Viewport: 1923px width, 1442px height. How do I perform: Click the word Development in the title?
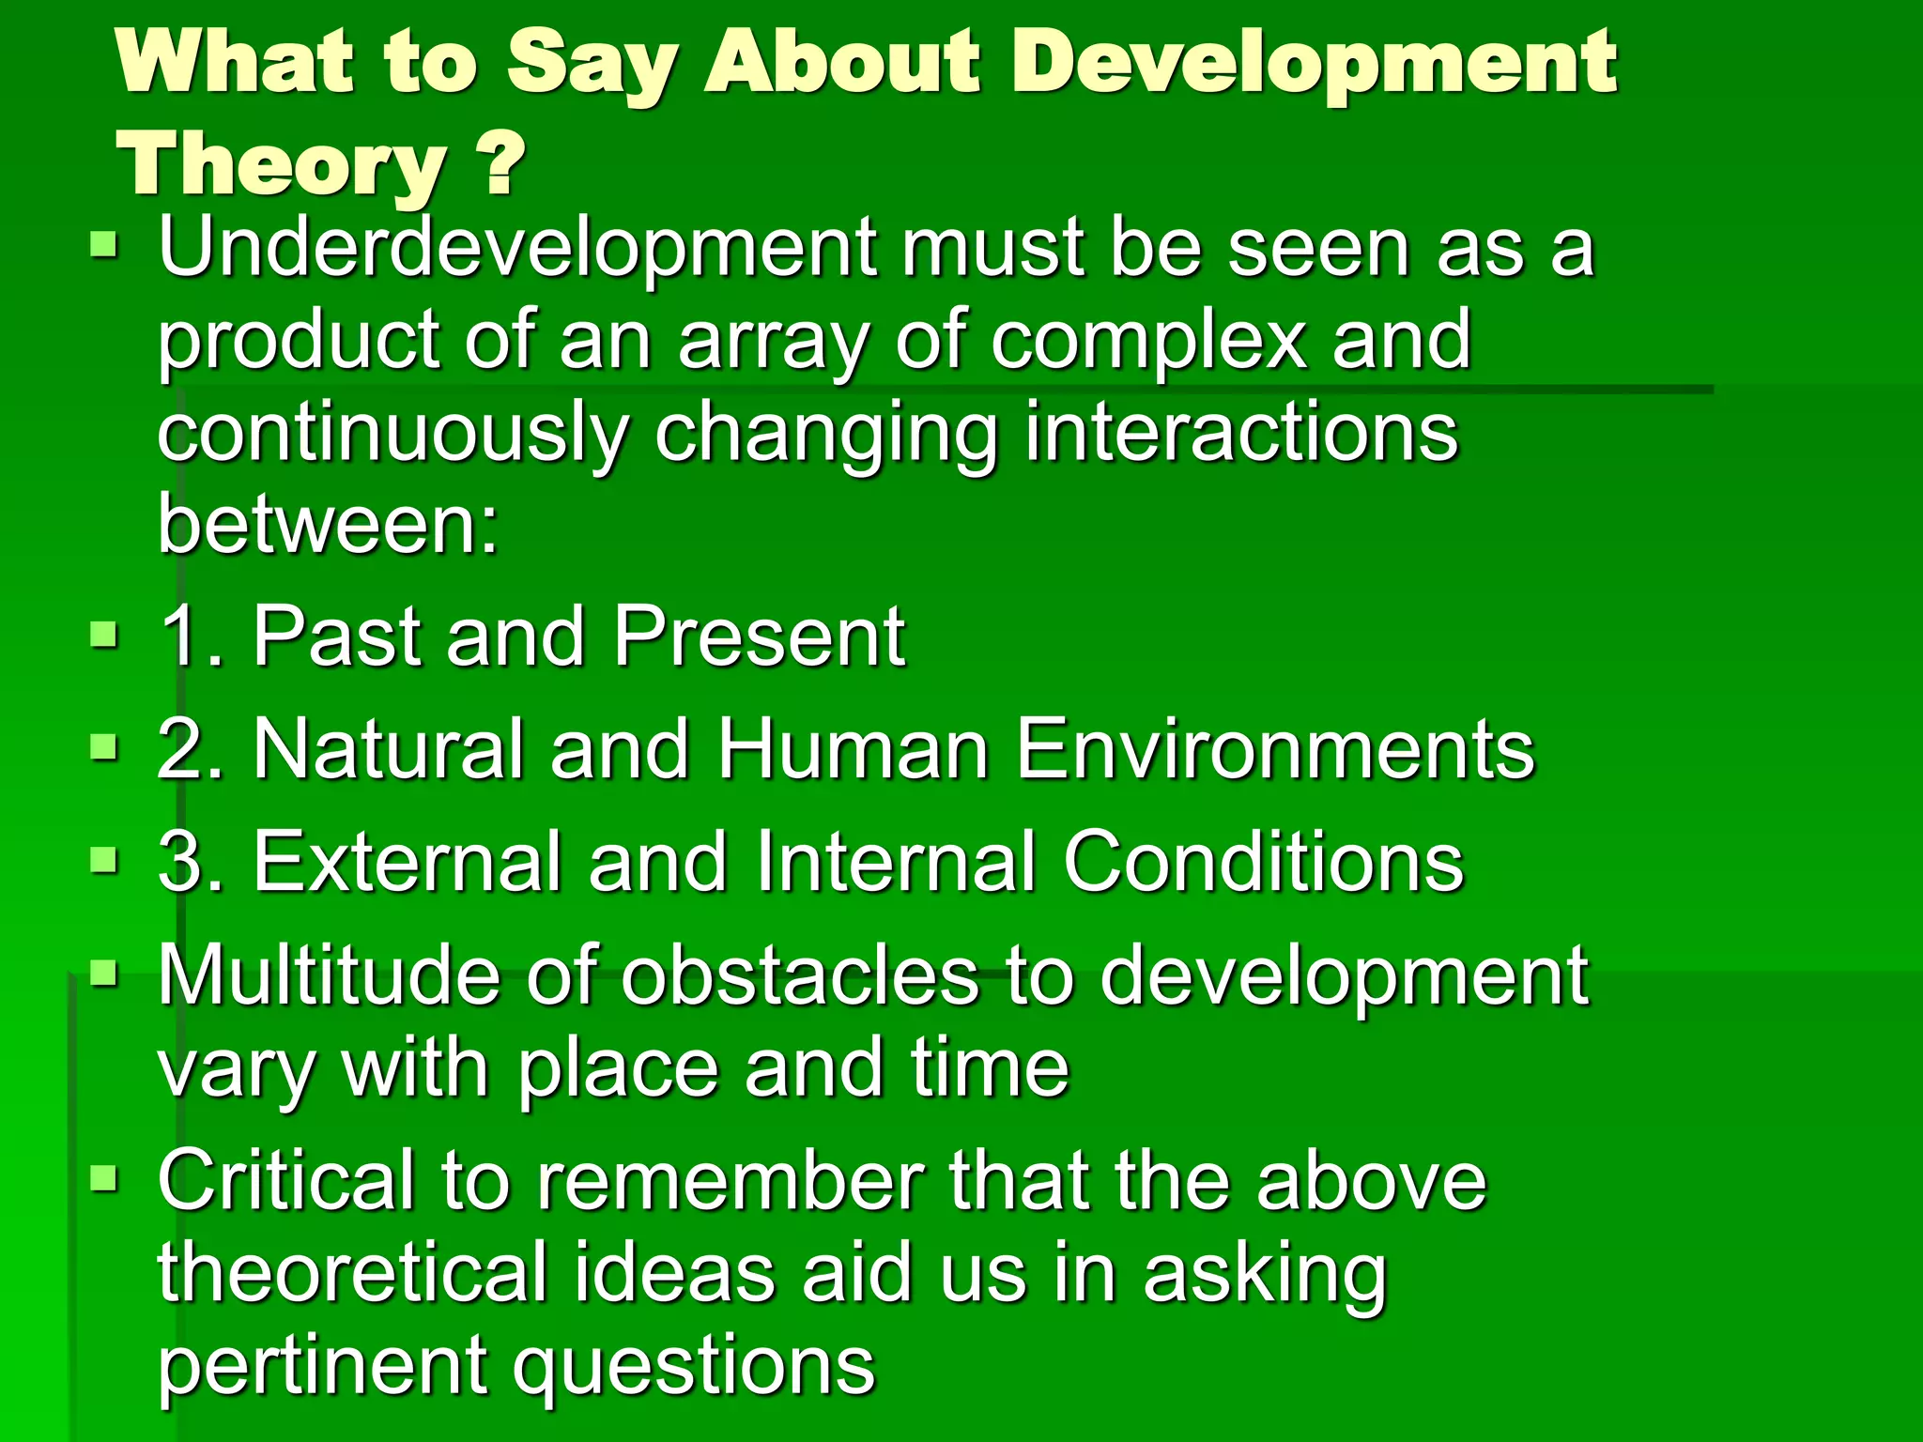[1315, 64]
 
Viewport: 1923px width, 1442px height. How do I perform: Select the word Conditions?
[1263, 862]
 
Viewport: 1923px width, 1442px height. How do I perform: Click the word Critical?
[286, 1181]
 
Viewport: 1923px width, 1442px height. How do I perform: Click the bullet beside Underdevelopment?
[104, 247]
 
